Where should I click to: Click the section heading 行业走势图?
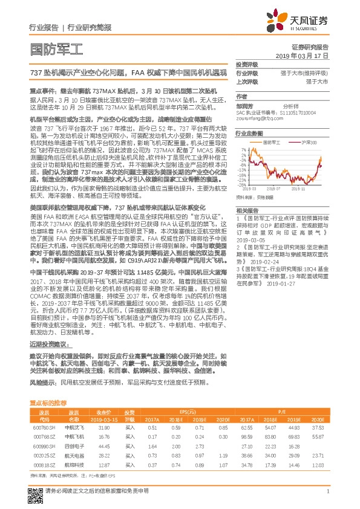pyautogui.click(x=249, y=132)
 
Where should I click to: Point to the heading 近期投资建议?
pyautogui.click(x=48, y=342)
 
